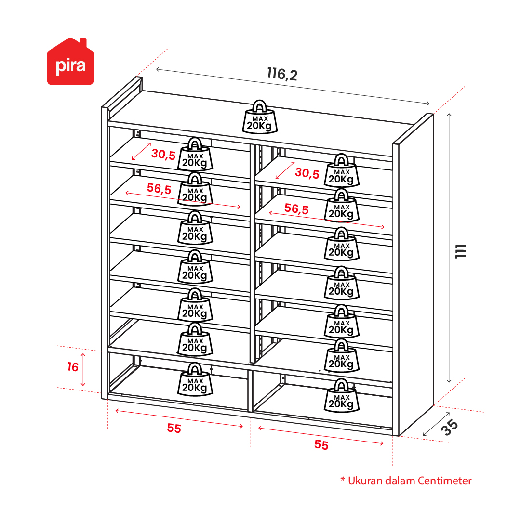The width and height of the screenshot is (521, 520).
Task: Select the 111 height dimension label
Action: [x=461, y=251]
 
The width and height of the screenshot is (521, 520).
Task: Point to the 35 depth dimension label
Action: [x=450, y=427]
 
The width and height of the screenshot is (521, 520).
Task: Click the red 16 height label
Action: [x=73, y=367]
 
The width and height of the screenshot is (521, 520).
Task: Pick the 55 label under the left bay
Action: [x=174, y=429]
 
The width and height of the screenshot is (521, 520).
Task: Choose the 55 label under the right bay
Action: [x=321, y=445]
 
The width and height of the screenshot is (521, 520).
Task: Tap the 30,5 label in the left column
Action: [x=163, y=154]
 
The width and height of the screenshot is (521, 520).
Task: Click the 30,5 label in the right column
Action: [x=307, y=173]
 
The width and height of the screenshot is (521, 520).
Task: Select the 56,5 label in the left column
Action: [x=159, y=188]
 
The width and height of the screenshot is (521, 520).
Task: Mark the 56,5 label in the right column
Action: [x=296, y=209]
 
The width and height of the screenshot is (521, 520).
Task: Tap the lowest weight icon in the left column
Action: [x=195, y=379]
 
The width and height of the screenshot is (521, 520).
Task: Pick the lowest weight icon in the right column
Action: [x=342, y=396]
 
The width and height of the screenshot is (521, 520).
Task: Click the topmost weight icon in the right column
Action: [x=342, y=170]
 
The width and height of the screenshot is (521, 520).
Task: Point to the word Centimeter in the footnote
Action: [x=444, y=481]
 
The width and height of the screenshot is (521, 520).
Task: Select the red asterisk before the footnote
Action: [x=343, y=479]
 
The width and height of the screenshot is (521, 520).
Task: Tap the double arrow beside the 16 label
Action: [x=83, y=370]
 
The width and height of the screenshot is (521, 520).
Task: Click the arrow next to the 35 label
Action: [x=436, y=424]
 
